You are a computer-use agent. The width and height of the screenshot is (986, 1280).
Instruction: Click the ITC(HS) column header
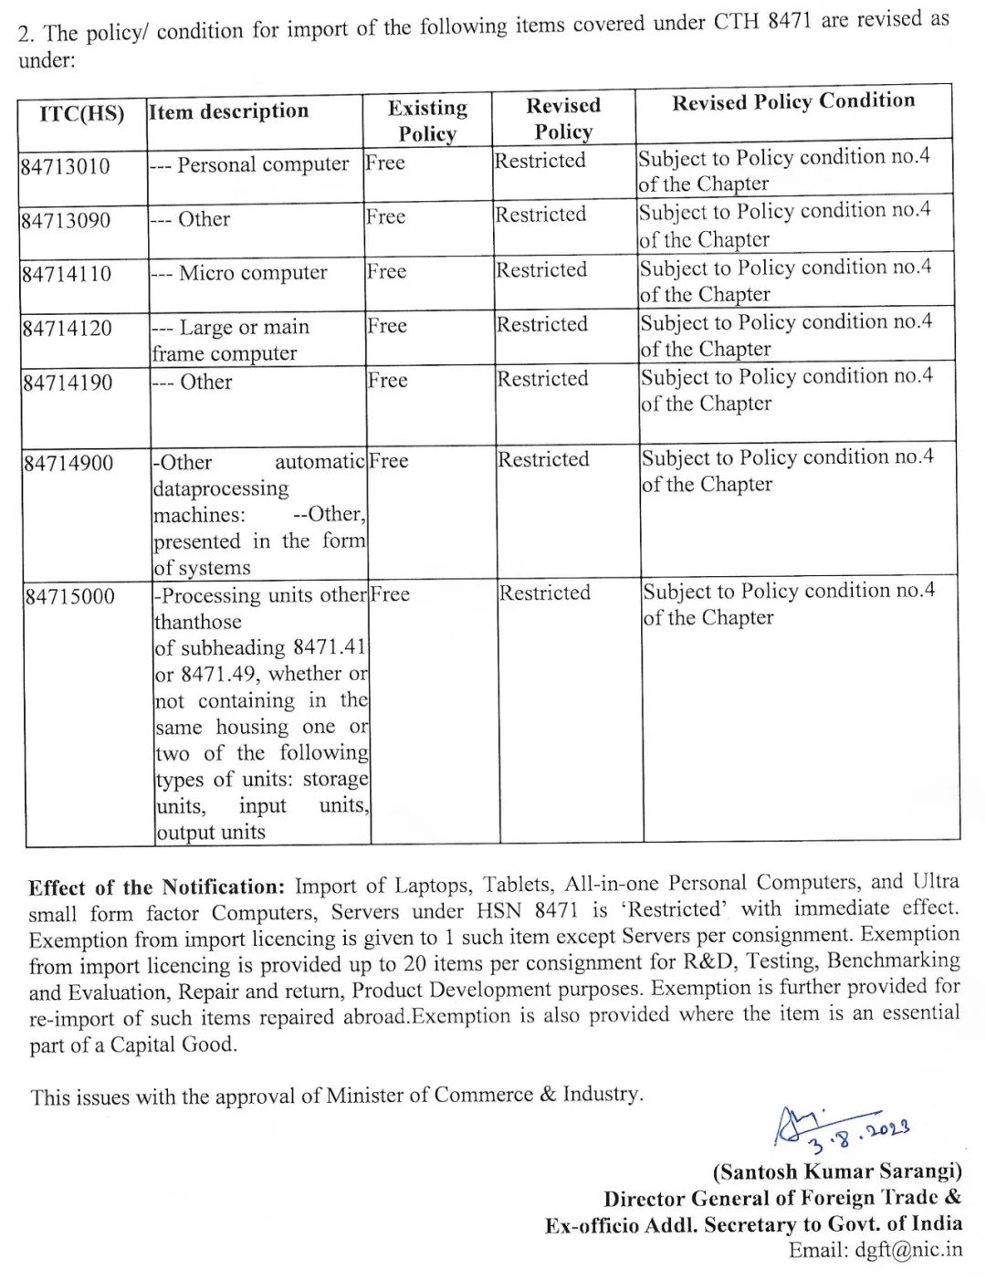click(x=81, y=114)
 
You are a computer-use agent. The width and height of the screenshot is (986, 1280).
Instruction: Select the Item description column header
click(x=228, y=111)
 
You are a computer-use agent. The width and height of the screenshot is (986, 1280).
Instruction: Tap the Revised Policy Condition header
click(x=792, y=101)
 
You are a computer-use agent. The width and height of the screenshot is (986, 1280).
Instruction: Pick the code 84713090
click(x=66, y=221)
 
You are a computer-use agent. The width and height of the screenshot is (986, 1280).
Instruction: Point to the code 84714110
click(x=67, y=275)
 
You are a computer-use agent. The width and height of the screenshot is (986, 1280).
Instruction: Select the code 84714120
click(x=68, y=329)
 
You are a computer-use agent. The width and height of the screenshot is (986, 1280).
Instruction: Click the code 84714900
click(x=68, y=464)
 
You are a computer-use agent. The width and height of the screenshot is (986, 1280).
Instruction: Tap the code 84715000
click(x=70, y=597)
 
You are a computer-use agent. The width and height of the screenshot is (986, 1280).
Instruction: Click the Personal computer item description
click(x=263, y=165)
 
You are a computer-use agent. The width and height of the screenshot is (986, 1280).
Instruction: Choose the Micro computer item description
click(x=253, y=273)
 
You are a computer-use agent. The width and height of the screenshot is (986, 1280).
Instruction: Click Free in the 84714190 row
click(x=387, y=381)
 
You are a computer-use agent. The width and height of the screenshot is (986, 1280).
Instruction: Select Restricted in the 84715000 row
click(x=545, y=593)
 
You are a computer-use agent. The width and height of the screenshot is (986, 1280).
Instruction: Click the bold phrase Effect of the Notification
click(x=156, y=887)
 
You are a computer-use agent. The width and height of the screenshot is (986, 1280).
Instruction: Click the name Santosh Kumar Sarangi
click(x=837, y=1171)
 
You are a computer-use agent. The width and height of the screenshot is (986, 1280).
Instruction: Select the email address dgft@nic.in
click(x=907, y=1251)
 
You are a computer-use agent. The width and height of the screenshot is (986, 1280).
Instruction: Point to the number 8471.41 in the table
click(x=329, y=648)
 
